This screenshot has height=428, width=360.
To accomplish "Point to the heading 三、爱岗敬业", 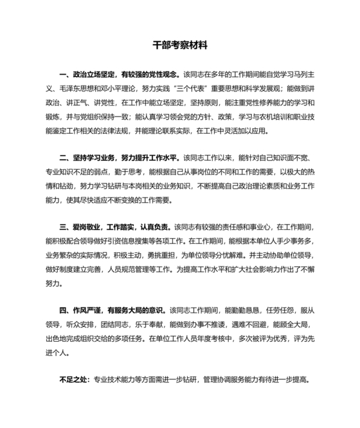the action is click(x=80, y=227).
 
